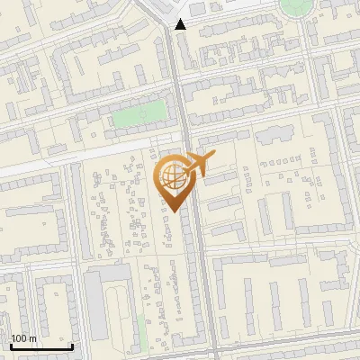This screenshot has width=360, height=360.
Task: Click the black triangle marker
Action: tap(181, 24)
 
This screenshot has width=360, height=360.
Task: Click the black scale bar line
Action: tap(41, 347)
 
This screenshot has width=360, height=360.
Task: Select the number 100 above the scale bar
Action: tap(19, 338)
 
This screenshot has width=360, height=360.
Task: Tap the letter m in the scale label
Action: tap(32, 339)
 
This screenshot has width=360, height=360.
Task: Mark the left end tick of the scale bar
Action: tap(11, 346)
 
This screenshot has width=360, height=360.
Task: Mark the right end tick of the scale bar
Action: tap(72, 346)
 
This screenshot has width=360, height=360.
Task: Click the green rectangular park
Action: tap(139, 114)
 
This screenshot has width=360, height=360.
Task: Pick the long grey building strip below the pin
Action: tap(192, 270)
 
